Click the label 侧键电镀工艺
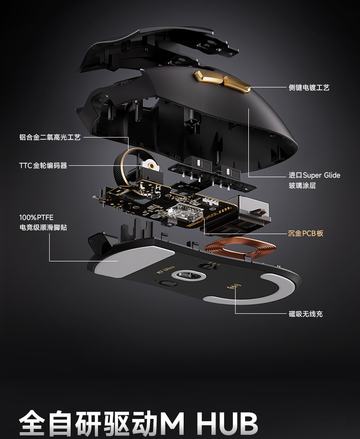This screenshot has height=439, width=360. [x=309, y=87]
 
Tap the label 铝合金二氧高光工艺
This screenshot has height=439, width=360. [x=50, y=137]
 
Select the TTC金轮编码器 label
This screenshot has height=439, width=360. [x=43, y=165]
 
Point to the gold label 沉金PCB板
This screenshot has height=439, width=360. [x=306, y=233]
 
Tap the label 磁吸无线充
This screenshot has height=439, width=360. [x=306, y=314]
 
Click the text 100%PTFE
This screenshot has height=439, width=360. [x=36, y=218]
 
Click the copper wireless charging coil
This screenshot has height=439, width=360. [x=241, y=249]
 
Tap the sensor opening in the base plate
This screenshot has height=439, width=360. [x=187, y=276]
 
